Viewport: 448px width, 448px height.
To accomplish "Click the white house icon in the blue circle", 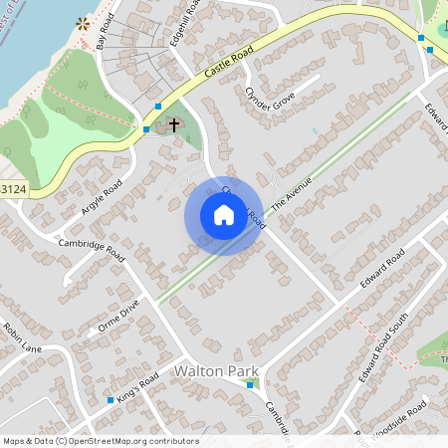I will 224,215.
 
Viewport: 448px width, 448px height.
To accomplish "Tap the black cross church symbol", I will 174,125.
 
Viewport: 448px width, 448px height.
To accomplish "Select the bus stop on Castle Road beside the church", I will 157,106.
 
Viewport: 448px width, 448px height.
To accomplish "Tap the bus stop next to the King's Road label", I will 111,400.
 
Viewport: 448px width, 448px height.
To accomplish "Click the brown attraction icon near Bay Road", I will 83,23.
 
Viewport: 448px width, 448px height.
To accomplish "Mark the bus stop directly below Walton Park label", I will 250,400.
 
